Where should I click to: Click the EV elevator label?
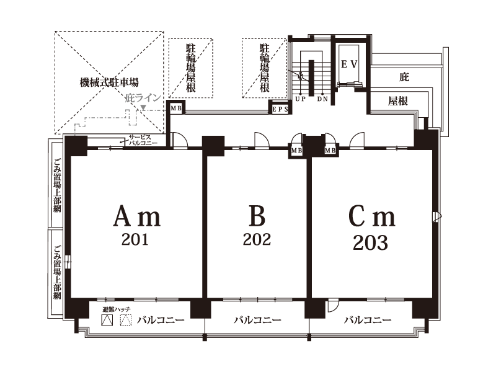point(349,64)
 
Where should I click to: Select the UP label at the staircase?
point(300,99)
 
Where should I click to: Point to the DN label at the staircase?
point(322,99)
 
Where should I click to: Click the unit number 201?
point(135,239)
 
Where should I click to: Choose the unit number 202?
point(257,239)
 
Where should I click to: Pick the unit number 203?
point(370,242)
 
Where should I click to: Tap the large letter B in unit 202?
point(257,216)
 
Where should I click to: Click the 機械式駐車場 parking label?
point(109,82)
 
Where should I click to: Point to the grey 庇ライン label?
point(143,98)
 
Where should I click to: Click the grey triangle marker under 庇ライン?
point(143,108)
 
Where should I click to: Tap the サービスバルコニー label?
point(143,140)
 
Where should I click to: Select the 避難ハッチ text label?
point(117,309)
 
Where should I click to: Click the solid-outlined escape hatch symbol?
point(107,320)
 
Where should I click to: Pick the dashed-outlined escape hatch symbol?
point(126,320)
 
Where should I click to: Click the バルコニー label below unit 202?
point(257,320)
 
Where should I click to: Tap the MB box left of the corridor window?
point(176,108)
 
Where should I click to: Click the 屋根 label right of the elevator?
point(397,101)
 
